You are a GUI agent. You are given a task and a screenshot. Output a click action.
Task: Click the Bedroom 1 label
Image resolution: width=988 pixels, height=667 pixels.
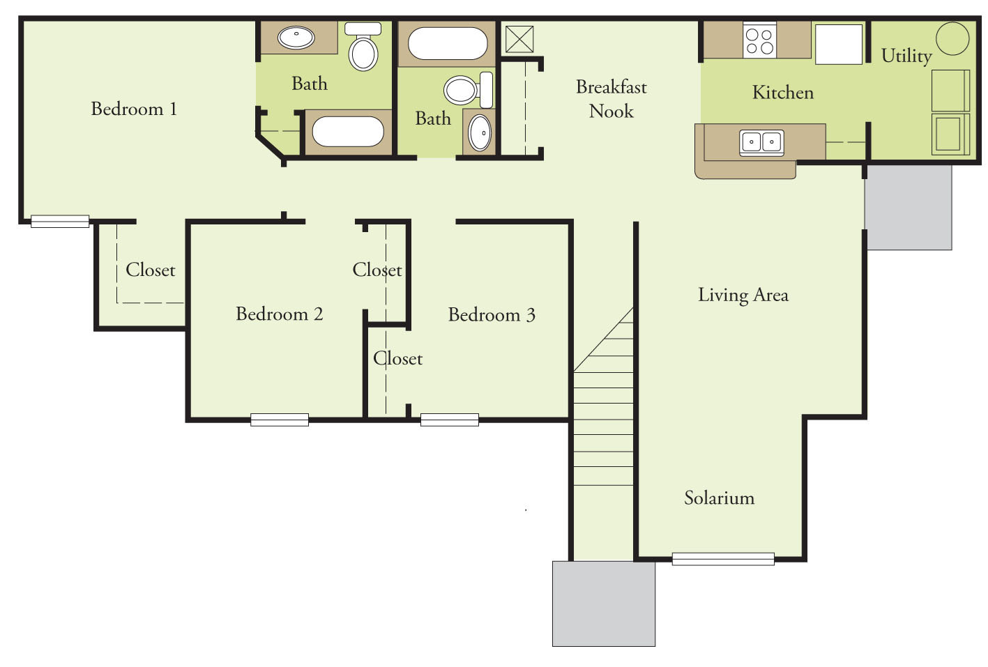tap(134, 109)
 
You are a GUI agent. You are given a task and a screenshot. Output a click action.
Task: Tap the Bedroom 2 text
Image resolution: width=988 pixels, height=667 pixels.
tap(279, 314)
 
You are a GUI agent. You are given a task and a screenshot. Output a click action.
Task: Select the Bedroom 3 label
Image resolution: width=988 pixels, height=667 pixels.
tap(492, 315)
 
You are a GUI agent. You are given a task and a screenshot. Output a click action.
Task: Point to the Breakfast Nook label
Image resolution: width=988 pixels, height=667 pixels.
tap(611, 99)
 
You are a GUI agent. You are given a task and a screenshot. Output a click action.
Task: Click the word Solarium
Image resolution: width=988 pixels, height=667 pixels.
tap(719, 498)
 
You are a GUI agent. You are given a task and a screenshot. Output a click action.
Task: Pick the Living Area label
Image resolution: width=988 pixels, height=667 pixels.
tap(743, 296)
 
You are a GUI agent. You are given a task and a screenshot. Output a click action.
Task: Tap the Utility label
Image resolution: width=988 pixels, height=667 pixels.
tap(906, 56)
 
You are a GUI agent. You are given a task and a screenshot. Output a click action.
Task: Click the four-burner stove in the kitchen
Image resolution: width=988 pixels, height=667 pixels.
tap(759, 41)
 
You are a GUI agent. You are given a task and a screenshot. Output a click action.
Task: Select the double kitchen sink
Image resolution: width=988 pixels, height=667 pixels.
tap(761, 142)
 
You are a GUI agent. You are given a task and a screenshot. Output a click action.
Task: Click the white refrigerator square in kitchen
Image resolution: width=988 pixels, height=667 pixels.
tap(839, 44)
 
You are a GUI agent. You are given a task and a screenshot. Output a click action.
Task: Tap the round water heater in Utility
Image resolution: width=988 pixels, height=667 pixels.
tap(952, 38)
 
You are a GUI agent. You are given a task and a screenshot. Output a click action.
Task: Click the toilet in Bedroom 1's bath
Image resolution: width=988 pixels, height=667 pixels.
tap(363, 48)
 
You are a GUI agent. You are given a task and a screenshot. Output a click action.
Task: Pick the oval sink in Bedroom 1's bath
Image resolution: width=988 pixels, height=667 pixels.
tap(296, 37)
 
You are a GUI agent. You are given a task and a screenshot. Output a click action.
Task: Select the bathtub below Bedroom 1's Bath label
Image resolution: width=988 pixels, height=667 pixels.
tap(348, 132)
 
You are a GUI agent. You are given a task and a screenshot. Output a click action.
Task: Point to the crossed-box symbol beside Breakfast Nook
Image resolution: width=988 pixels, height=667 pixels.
tap(519, 39)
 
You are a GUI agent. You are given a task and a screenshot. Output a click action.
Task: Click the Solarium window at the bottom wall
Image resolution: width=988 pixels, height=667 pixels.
tap(723, 559)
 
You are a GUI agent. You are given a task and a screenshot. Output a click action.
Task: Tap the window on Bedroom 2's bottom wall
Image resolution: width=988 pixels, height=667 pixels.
tap(280, 420)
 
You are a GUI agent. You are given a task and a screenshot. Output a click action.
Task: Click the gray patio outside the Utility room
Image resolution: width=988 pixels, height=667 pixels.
tap(909, 208)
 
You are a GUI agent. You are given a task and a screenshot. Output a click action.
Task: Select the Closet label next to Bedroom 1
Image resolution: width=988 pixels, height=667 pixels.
tap(151, 270)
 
